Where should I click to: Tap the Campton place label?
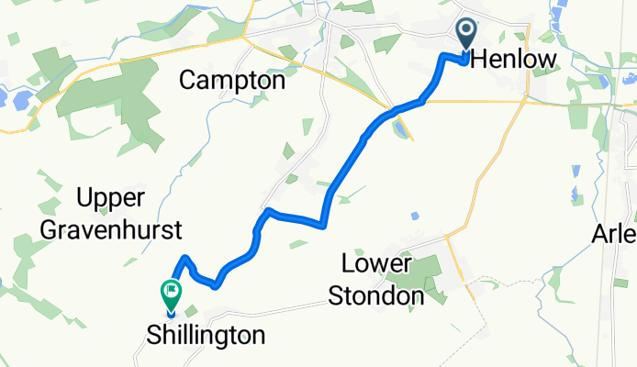point(232,81)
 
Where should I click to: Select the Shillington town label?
point(206,336)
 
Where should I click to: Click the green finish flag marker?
point(171,294)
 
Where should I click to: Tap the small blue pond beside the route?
point(400,130)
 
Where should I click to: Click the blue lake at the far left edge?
point(4,96)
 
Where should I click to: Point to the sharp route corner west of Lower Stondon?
point(322,223)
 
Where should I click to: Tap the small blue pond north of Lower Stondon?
point(415,216)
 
